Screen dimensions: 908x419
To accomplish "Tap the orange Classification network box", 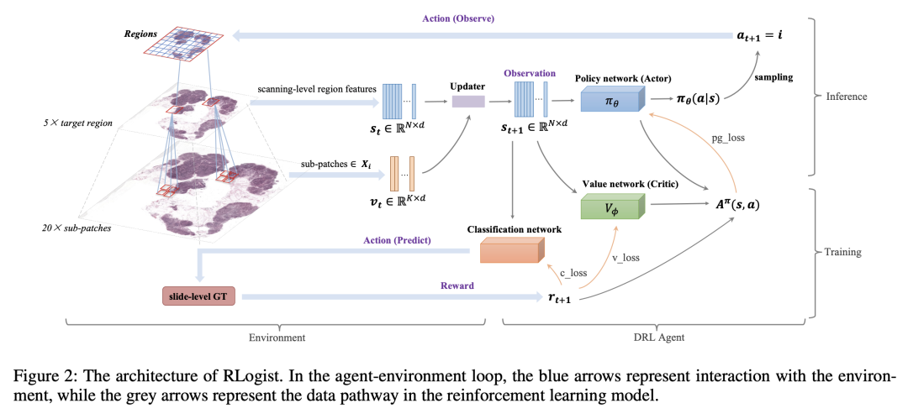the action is click(x=513, y=250).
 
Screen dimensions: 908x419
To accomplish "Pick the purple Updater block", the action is click(x=468, y=102).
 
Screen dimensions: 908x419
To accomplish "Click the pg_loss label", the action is click(x=728, y=139).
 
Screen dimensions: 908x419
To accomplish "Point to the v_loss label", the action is click(x=626, y=258).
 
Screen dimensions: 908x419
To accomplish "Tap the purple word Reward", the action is click(x=458, y=285).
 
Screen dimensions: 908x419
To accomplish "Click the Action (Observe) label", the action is click(x=457, y=18).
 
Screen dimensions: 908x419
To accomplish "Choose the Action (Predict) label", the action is click(x=396, y=239).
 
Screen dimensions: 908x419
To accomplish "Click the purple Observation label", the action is click(x=530, y=74).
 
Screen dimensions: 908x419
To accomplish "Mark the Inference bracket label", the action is click(x=846, y=97).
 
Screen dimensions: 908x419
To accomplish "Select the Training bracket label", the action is click(x=842, y=253).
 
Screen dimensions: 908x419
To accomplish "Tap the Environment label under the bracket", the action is click(x=277, y=337).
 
